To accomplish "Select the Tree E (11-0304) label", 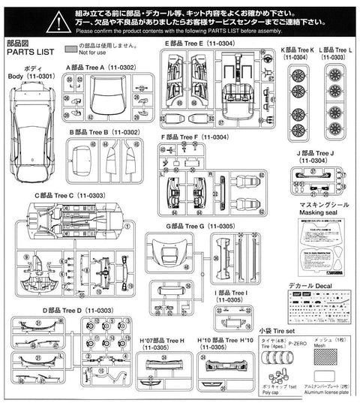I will [196, 45].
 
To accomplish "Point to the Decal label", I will [313, 286].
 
